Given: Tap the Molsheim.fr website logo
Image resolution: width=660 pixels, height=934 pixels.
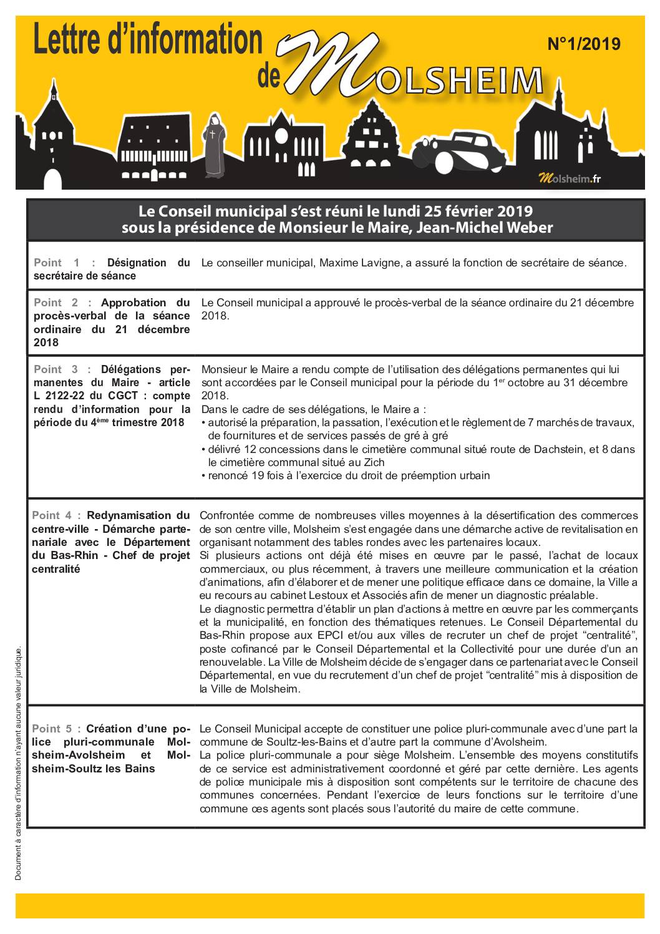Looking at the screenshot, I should point(570,179).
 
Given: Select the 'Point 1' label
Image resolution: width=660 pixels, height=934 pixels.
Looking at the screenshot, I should point(57,263).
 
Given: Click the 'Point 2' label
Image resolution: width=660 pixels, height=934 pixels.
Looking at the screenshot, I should point(57,303).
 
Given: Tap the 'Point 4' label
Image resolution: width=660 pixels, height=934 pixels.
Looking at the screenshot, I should point(56,515).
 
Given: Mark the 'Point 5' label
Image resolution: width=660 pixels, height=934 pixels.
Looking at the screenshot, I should point(56,729).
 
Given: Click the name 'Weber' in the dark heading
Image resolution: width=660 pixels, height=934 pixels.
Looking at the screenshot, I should point(528,228).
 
